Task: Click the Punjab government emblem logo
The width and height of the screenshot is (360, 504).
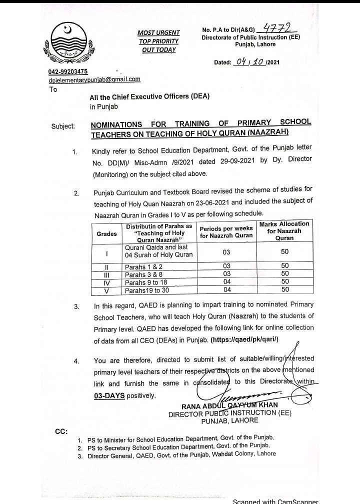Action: pos(70,42)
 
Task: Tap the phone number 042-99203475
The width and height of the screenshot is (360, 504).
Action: pos(68,72)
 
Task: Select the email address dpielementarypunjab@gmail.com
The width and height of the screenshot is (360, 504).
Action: pos(94,79)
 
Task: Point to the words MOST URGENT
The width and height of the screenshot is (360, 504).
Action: pos(158,33)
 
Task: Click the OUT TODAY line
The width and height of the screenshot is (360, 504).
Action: pos(158,49)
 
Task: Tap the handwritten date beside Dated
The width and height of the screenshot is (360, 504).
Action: pos(250,62)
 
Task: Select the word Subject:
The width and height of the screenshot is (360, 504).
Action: pos(63,126)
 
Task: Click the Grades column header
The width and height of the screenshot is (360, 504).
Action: pos(106,233)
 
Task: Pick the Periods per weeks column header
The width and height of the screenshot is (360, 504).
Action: pos(226,232)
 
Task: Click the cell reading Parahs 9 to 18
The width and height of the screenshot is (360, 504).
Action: pos(146,282)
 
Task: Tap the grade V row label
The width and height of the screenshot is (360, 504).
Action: pos(106,290)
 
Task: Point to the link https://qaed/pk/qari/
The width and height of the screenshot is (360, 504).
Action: pos(244,339)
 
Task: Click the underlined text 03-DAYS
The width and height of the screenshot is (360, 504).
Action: pos(109,395)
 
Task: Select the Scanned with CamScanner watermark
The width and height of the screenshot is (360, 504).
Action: pos(275,500)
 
